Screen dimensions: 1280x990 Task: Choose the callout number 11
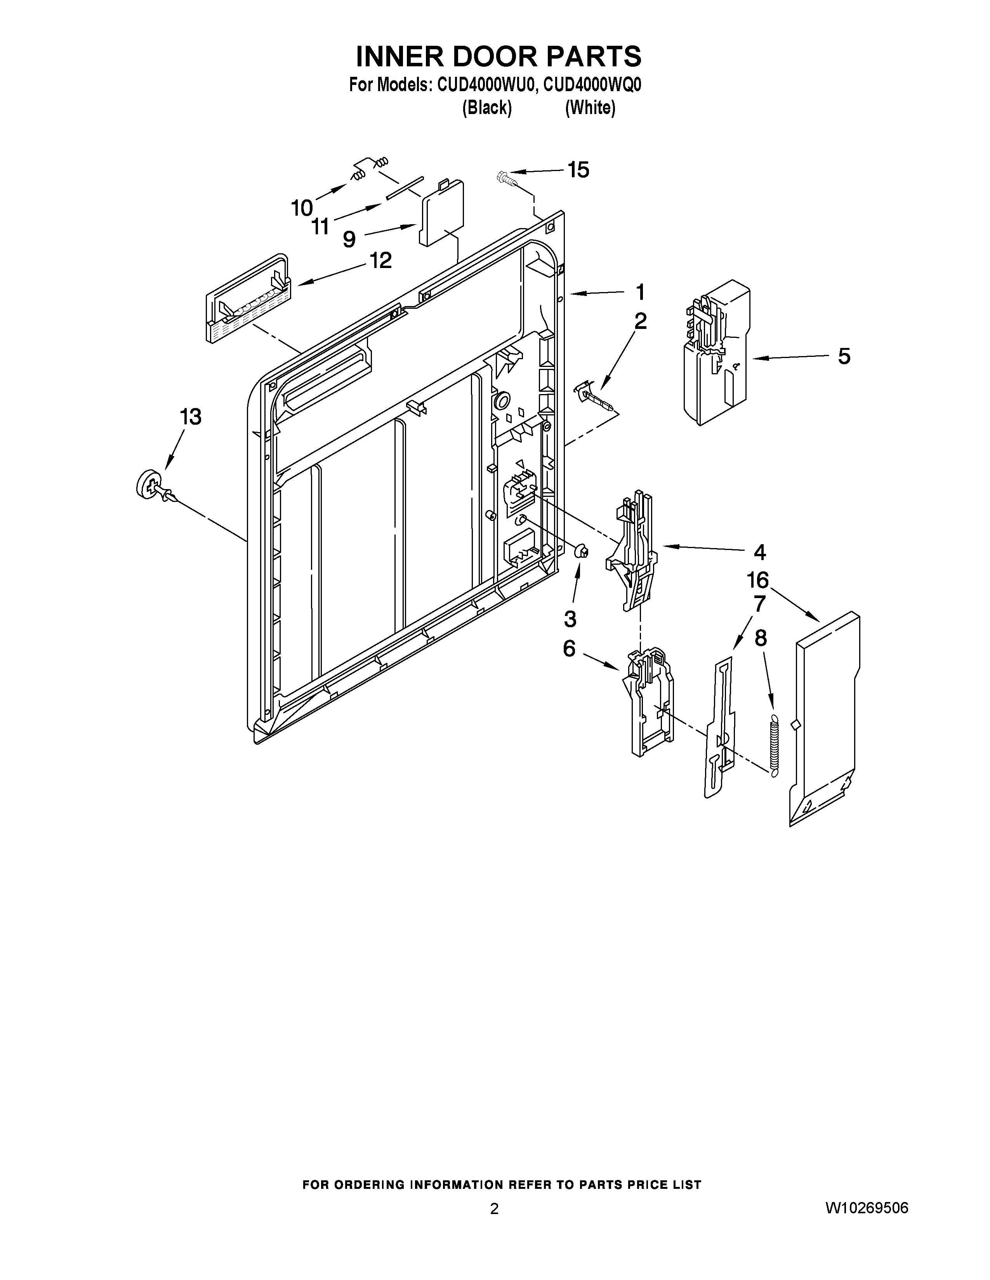tap(321, 226)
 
